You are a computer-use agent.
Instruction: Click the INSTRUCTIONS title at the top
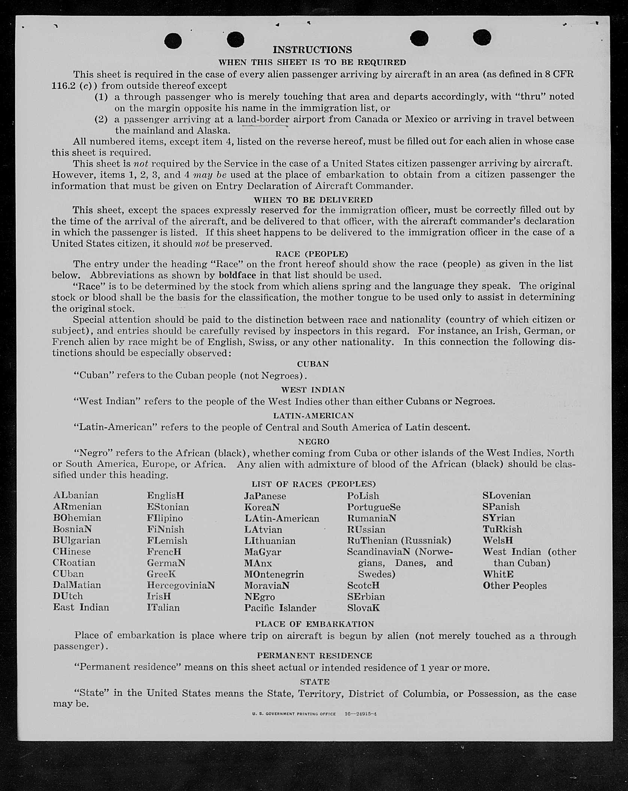[312, 50]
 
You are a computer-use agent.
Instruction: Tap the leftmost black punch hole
[173, 41]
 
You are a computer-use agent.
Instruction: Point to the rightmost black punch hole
[482, 37]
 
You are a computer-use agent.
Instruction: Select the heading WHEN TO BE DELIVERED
[313, 200]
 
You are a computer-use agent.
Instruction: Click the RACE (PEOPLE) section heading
[312, 254]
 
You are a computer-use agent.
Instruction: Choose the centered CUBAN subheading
[313, 364]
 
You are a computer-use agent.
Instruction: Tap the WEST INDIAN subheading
[313, 390]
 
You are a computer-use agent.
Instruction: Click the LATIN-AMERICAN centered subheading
[313, 416]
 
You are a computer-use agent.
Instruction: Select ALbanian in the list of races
[76, 495]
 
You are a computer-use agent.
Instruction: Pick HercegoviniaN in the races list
[181, 585]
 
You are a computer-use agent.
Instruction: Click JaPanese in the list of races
[265, 496]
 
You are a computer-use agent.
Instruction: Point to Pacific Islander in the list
[280, 608]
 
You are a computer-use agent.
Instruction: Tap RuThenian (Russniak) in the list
[399, 540]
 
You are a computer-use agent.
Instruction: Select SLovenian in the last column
[506, 495]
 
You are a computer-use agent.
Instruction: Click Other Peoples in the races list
[515, 585]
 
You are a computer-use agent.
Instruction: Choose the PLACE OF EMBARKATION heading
[315, 624]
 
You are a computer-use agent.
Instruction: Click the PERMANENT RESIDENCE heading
[315, 655]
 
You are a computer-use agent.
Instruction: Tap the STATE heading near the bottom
[315, 682]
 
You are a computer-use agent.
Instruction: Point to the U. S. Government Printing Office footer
[294, 714]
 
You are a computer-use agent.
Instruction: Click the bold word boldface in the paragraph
[237, 275]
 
